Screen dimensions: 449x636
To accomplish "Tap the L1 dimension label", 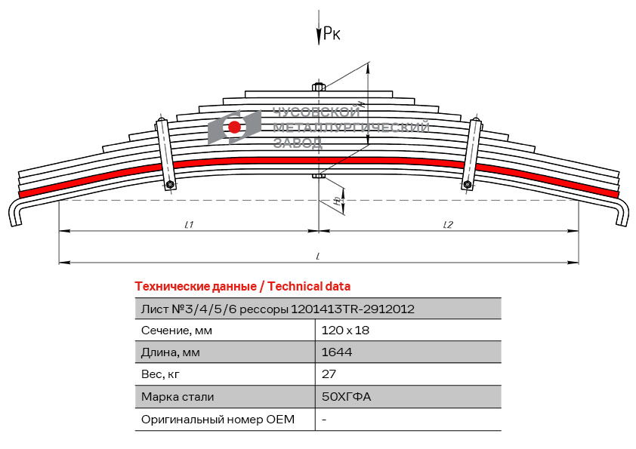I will [x=190, y=224].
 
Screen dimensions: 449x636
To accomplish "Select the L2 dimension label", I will [x=448, y=224].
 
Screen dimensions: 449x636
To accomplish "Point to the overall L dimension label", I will [x=319, y=257].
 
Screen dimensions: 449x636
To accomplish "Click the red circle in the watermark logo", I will [x=235, y=127].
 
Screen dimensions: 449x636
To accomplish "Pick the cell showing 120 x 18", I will [x=345, y=331].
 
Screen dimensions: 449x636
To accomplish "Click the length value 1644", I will [x=336, y=352].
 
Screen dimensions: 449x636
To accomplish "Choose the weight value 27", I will [x=329, y=374].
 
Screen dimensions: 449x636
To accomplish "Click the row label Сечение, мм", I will [x=177, y=331].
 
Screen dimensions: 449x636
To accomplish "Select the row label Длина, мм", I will [x=171, y=352].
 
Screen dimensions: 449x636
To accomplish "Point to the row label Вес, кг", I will [x=161, y=374].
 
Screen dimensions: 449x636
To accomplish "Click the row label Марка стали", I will [x=178, y=396].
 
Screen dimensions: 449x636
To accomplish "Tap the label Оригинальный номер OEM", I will [x=218, y=419].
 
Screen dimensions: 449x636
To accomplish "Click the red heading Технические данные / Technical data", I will [x=242, y=287].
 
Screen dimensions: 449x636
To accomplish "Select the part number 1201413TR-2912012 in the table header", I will [x=352, y=309].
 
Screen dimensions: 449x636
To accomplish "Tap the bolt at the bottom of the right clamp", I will [x=469, y=183].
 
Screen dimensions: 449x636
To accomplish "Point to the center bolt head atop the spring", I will [x=319, y=88].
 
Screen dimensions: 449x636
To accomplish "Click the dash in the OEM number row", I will [x=323, y=419].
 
